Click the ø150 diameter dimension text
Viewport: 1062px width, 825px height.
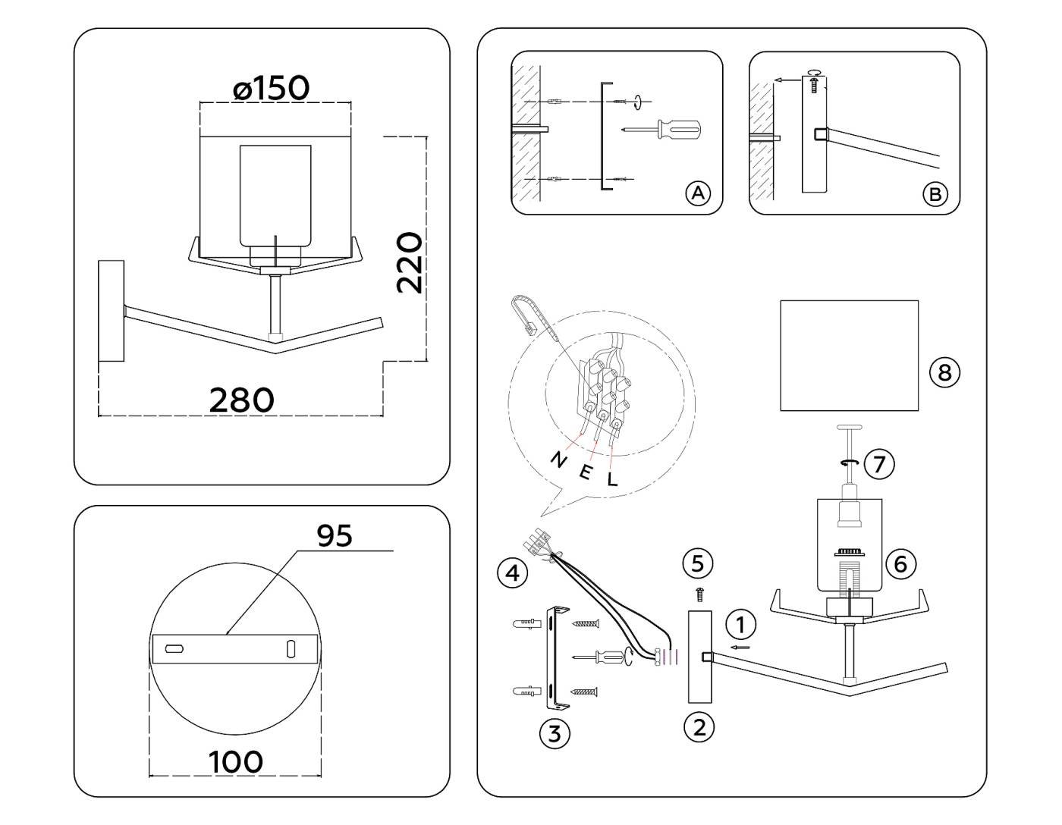point(272,88)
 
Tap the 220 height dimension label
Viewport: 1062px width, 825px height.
point(409,263)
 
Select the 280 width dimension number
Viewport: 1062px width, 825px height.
point(241,400)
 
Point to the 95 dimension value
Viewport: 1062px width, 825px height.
point(335,535)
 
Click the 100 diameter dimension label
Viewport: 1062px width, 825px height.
point(236,761)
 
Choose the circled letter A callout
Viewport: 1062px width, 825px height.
point(699,193)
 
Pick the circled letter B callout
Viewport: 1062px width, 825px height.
point(935,194)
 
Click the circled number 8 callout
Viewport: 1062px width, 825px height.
point(944,373)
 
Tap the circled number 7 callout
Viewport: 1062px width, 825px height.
point(879,463)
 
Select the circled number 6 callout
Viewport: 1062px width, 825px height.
point(900,564)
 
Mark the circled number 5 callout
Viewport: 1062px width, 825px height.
point(697,563)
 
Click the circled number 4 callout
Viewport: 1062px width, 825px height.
point(512,572)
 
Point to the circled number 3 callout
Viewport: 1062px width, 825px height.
point(555,733)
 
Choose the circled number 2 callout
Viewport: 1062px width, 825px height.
point(699,728)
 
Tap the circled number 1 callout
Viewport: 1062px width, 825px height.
point(741,624)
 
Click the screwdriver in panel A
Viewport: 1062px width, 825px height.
point(661,130)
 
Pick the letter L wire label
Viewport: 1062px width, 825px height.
point(613,478)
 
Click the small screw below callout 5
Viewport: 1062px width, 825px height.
point(699,594)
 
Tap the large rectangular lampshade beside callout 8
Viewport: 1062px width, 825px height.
point(849,356)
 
